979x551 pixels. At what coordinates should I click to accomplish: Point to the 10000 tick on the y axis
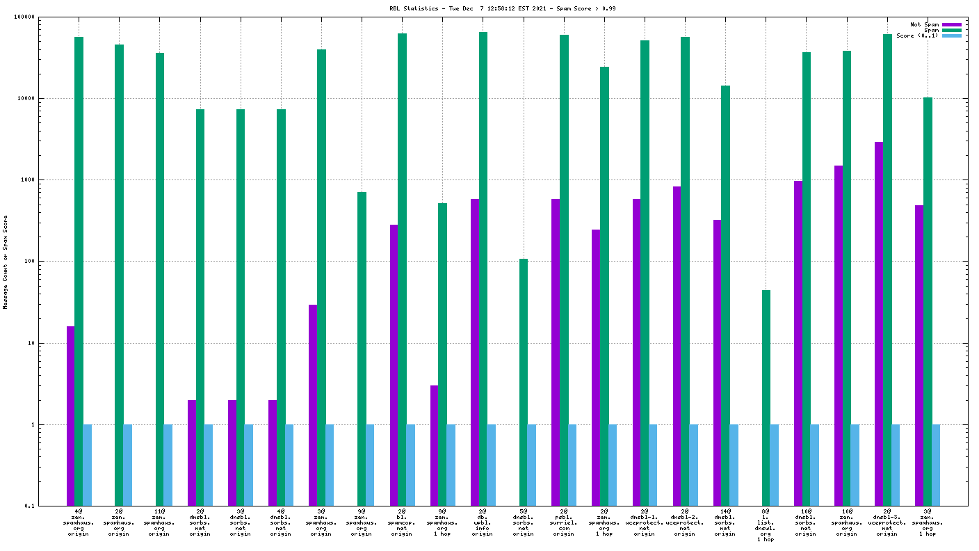click(x=46, y=99)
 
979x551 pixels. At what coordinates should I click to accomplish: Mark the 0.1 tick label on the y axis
click(x=50, y=506)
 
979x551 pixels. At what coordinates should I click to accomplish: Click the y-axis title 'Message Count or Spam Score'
click(x=6, y=262)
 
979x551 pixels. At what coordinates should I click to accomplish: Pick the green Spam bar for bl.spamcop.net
click(x=402, y=269)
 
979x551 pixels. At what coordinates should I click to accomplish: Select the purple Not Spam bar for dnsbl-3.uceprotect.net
click(x=879, y=324)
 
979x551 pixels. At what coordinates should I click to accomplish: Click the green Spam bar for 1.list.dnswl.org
click(x=766, y=398)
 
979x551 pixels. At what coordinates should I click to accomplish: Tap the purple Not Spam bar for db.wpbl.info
click(x=475, y=352)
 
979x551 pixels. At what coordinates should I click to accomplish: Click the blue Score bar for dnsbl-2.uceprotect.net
click(x=693, y=465)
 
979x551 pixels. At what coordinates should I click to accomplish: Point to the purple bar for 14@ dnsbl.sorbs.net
click(x=717, y=362)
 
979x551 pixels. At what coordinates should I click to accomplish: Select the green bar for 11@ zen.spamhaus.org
click(x=159, y=279)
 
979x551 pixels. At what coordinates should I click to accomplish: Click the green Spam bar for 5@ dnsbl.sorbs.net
click(x=523, y=382)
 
